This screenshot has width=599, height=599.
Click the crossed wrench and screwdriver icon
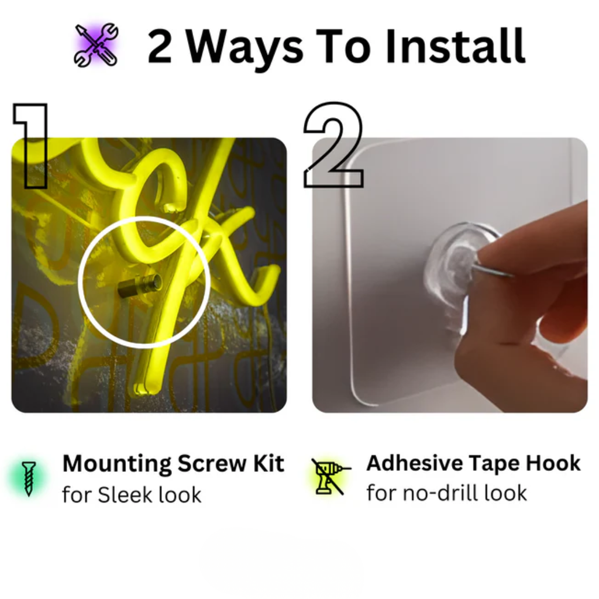coord(96,45)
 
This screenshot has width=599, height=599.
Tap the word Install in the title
coord(455,46)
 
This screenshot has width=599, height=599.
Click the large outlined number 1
coord(32,146)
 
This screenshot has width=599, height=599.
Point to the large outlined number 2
coord(333,145)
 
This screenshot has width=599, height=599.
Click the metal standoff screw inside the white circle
coord(139,285)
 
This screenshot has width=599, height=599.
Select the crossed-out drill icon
coord(330,477)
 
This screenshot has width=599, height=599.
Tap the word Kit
coord(268,463)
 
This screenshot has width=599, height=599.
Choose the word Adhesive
coord(415,463)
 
